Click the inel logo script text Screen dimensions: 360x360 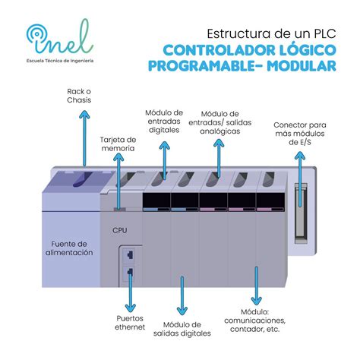[x=61, y=38]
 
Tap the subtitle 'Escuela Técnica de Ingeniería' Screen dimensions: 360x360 [x=60, y=61]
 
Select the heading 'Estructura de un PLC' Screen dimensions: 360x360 [x=272, y=34]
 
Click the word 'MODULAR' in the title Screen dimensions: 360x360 [x=302, y=65]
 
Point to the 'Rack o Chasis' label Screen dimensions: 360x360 [x=79, y=96]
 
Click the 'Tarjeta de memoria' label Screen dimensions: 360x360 [x=118, y=144]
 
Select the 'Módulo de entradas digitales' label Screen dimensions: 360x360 [x=164, y=122]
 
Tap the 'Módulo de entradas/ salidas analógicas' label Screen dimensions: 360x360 [x=219, y=122]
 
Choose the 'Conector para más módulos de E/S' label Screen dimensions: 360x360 [x=300, y=134]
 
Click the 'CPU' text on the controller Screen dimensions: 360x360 [x=120, y=230]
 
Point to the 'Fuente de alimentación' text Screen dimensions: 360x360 [x=69, y=248]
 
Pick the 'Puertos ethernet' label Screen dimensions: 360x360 [x=130, y=323]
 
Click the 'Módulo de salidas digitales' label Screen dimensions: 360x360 [x=182, y=329]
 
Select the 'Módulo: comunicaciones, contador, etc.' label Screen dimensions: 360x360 [x=254, y=321]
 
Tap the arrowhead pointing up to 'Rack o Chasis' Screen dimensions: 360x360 [x=84, y=115]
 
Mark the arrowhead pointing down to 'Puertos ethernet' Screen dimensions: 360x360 [x=131, y=308]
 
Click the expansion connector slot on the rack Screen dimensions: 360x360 [x=301, y=213]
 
